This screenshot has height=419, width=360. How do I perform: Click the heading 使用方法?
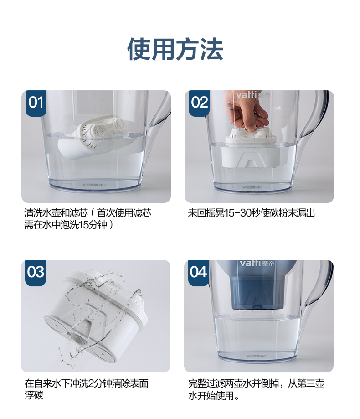(x=175, y=49)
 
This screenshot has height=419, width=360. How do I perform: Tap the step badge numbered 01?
(x=36, y=103)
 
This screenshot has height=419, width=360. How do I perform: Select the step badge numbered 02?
(x=199, y=103)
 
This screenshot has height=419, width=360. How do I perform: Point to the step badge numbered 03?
(x=36, y=273)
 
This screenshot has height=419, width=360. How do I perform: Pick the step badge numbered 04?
(x=198, y=273)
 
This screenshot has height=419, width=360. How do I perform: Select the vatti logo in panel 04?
(x=257, y=263)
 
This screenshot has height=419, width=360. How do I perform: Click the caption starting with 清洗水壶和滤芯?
(x=88, y=219)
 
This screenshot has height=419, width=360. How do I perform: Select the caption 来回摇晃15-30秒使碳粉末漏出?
(x=251, y=213)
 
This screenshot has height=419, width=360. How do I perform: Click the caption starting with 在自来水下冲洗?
(x=86, y=389)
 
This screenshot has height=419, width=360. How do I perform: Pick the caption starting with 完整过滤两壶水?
(x=256, y=389)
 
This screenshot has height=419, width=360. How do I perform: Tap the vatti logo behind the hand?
(x=252, y=95)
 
